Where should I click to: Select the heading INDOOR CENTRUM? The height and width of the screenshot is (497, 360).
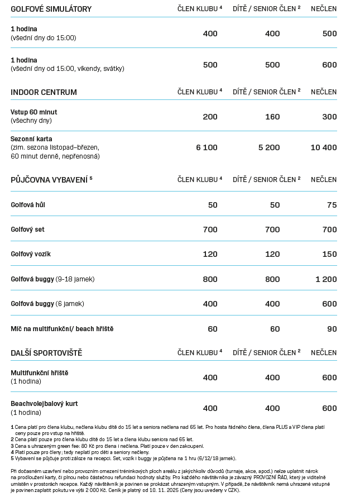point(44,92)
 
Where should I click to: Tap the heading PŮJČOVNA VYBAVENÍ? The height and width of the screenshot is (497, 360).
point(50,179)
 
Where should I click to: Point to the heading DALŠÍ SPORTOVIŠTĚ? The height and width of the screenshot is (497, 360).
point(46,353)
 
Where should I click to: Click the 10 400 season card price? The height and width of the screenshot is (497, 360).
point(324,148)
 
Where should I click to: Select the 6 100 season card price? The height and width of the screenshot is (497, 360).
point(207,148)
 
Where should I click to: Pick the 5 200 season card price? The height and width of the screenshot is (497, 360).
point(269,148)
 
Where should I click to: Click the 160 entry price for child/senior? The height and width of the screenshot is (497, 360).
point(272,117)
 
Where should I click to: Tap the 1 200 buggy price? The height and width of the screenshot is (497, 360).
point(326,279)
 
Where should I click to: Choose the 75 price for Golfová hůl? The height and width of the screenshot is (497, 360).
point(332,205)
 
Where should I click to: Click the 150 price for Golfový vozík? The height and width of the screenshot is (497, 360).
point(329,254)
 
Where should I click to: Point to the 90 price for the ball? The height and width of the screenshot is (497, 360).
point(332,329)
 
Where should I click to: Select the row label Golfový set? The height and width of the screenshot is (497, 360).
point(27,230)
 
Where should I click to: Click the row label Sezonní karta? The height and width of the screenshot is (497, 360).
point(32,138)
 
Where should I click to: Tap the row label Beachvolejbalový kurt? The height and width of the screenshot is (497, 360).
point(44,403)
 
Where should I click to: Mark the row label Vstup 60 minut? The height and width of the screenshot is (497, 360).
point(33,112)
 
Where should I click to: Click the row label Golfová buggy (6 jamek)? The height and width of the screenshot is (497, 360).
point(47,304)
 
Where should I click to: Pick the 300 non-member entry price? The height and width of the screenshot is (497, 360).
point(329,117)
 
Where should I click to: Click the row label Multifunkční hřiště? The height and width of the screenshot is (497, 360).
point(40,372)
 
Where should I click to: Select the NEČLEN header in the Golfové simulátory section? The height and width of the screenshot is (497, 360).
point(324,9)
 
